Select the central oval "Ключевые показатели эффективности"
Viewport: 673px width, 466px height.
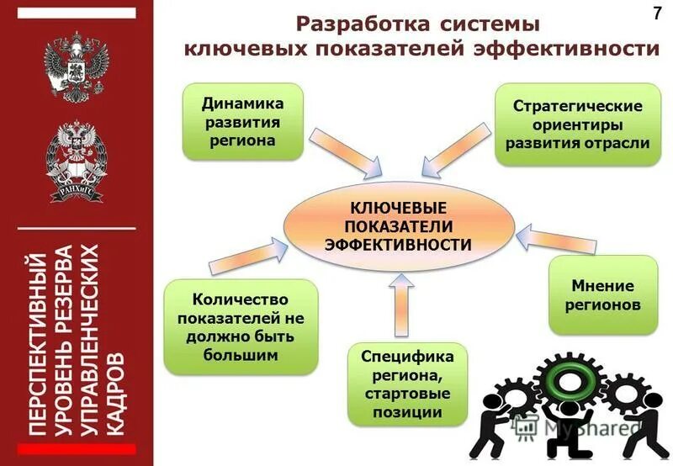[x=398, y=225]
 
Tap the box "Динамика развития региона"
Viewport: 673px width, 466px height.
[x=242, y=122]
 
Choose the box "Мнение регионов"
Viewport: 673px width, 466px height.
[x=602, y=294]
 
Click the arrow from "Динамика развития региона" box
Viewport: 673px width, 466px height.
[x=340, y=151]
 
